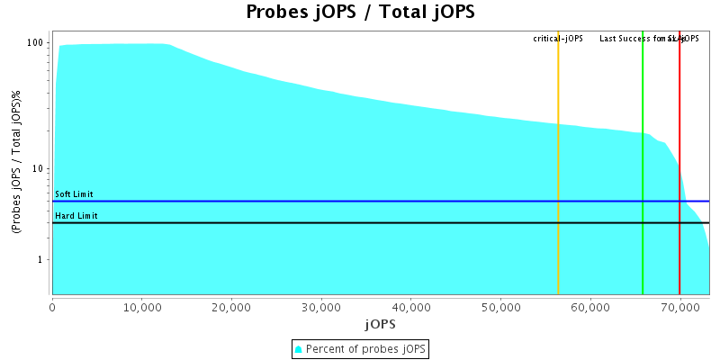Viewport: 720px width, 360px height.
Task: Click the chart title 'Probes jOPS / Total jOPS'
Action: point(360,13)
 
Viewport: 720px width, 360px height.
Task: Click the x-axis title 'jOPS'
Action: point(380,323)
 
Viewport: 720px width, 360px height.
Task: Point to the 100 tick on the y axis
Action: point(36,43)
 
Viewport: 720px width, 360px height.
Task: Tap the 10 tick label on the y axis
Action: point(39,169)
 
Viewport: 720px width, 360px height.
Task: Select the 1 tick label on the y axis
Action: point(41,260)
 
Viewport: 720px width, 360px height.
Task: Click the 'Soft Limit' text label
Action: point(74,194)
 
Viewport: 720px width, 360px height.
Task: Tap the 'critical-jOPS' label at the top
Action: point(558,39)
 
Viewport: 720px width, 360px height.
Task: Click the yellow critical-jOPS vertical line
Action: point(558,180)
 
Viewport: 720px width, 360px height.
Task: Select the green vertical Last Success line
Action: point(643,180)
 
